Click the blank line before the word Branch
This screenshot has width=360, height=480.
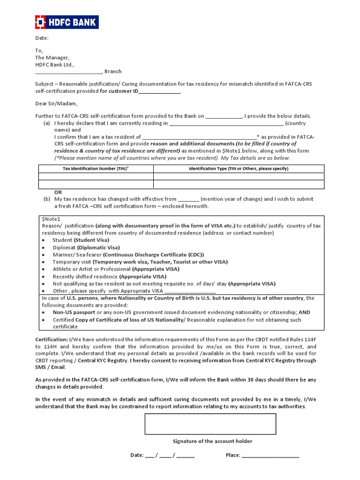[x=68, y=72]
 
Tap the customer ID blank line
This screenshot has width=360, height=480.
[x=159, y=91]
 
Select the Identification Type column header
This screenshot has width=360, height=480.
[x=238, y=168]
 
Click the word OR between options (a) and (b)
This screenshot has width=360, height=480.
[x=58, y=192]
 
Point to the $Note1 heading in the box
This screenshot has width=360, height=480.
[x=51, y=219]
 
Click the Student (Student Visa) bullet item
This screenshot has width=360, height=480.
[x=82, y=240]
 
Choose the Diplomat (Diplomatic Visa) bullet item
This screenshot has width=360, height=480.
[x=86, y=247]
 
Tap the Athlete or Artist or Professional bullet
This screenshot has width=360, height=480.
[x=116, y=269]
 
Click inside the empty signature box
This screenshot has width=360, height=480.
[x=210, y=424]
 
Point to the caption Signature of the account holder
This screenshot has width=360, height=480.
[x=212, y=441]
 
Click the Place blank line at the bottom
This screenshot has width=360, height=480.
[x=270, y=456]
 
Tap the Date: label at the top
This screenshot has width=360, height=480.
[x=42, y=38]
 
